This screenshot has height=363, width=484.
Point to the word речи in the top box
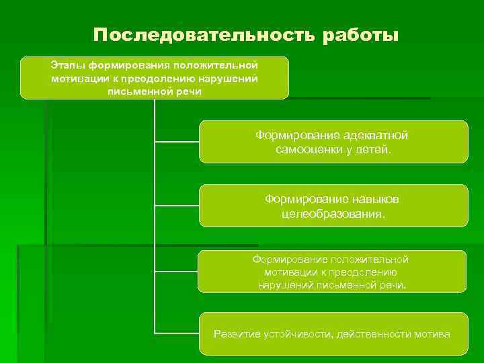point(186,91)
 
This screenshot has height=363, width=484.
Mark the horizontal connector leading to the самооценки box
point(177,142)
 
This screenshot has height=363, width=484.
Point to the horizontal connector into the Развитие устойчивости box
point(177,332)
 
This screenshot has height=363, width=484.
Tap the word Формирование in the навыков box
point(297,200)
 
